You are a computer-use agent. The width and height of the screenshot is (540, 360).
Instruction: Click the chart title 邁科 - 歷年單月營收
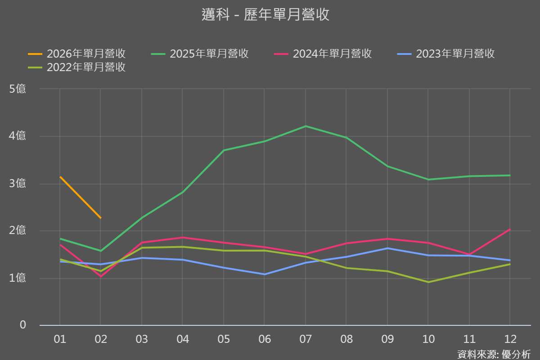(x=265, y=15)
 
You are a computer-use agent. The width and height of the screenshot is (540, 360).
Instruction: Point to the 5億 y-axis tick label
(x=18, y=89)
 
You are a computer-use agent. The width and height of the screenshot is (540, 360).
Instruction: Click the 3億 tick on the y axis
(x=18, y=184)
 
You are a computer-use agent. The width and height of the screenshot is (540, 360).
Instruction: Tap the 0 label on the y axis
(x=23, y=325)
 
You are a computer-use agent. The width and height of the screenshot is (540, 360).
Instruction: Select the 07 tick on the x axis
(x=306, y=339)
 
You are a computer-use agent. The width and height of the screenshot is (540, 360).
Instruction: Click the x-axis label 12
(x=510, y=339)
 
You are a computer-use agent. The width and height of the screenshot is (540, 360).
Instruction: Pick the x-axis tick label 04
(x=182, y=339)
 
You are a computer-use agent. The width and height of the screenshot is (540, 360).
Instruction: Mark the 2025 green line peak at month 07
(x=306, y=126)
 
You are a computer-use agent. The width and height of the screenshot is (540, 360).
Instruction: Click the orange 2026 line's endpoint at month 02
(x=101, y=218)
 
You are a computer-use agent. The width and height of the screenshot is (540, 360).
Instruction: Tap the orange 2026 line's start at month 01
(x=60, y=177)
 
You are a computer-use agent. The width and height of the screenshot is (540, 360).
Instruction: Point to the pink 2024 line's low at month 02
(x=101, y=276)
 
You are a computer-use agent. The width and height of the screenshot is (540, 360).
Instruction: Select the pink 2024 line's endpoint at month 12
(x=510, y=229)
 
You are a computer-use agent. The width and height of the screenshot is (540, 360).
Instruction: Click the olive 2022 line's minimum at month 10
(x=428, y=282)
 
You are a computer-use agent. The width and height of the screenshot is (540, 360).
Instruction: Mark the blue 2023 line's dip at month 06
(x=264, y=274)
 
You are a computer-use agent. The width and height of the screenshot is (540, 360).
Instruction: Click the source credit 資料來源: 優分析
(x=494, y=354)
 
